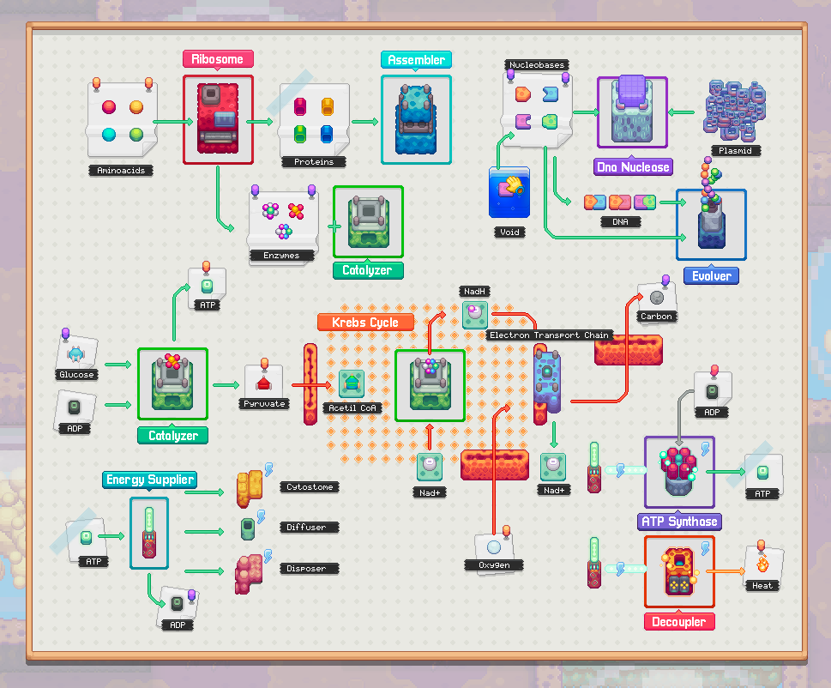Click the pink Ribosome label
pos(218,59)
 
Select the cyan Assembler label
pos(416,59)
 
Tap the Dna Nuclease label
pos(633,167)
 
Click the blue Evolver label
pos(711,275)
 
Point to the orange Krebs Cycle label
pos(365,323)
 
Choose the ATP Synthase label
pos(679,522)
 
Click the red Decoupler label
pos(679,622)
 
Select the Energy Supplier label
pos(150,480)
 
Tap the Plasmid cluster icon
pos(735,112)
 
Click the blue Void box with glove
pos(509,193)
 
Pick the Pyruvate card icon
pos(264,382)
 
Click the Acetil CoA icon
pos(352,383)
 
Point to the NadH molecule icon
pos(475,315)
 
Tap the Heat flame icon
pos(762,564)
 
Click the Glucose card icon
pos(76,353)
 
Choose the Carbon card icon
pos(657,298)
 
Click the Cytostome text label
pos(310,487)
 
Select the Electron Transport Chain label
pos(549,335)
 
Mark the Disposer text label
pos(306,569)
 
